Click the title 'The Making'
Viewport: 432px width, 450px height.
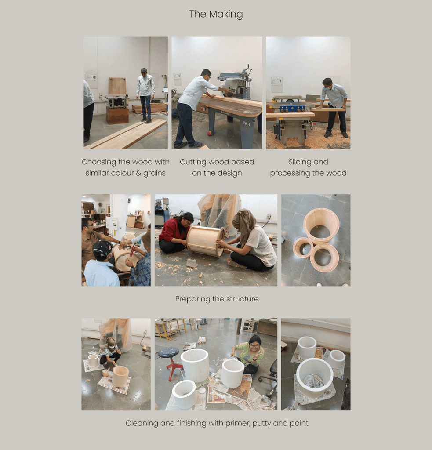coord(216,14)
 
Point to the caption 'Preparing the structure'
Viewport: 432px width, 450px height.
coord(217,299)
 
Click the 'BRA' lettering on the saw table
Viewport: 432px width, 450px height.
coord(246,123)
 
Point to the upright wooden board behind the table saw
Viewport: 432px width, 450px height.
coord(117,86)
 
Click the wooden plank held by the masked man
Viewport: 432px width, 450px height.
coord(328,109)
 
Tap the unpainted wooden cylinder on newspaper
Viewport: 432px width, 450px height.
coord(120,376)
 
